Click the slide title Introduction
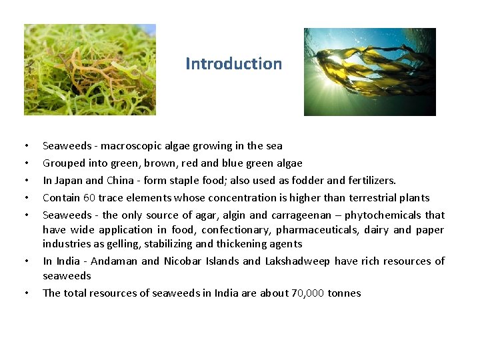coord(233,64)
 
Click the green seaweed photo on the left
coord(90,69)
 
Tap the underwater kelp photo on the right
coord(369,71)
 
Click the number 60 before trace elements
coord(89,198)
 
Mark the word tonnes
coord(345,293)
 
